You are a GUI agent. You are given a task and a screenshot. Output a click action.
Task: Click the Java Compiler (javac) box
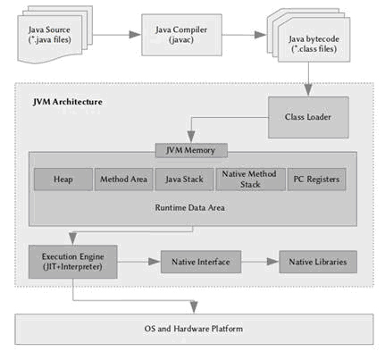click(181, 35)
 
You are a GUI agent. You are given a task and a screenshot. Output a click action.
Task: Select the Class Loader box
click(308, 117)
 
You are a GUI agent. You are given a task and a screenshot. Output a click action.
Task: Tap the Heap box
click(63, 180)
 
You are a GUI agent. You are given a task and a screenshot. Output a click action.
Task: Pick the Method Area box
click(124, 180)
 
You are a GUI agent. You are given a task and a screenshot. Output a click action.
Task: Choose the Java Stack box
click(185, 180)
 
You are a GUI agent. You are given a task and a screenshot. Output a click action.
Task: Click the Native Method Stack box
click(250, 180)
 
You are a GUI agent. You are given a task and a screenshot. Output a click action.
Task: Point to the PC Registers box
click(316, 180)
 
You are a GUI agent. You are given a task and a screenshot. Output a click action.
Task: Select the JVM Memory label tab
click(191, 150)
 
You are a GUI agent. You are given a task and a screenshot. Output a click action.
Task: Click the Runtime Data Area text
click(190, 207)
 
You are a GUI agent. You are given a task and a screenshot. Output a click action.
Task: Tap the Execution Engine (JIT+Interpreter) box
click(73, 262)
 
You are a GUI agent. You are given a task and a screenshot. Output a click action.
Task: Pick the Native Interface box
click(201, 262)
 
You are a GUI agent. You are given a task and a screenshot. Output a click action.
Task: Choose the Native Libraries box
click(318, 262)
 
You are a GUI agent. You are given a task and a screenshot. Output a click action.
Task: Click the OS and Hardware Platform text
click(194, 329)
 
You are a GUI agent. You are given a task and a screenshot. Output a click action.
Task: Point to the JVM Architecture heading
click(68, 102)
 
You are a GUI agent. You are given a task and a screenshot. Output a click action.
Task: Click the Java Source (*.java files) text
click(50, 35)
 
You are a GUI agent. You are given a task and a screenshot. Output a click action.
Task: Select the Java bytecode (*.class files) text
click(314, 44)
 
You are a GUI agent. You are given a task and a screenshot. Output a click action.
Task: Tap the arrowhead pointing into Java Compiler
click(135, 35)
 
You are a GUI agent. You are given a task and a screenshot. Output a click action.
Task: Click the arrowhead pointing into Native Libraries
click(272, 262)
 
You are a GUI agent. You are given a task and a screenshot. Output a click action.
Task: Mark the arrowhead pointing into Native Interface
click(155, 262)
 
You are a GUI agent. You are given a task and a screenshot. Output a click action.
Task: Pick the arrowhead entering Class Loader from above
click(308, 89)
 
